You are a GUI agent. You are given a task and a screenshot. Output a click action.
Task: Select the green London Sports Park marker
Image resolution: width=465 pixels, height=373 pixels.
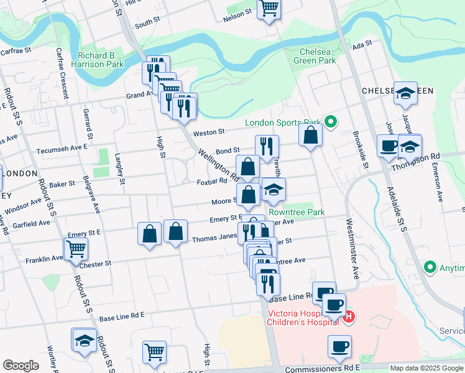coord(331,122)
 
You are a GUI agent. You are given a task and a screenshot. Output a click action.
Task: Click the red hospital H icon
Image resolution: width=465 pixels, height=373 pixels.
coord(349,316)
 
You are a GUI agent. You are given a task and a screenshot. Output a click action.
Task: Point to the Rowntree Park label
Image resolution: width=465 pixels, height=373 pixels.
coord(306,213)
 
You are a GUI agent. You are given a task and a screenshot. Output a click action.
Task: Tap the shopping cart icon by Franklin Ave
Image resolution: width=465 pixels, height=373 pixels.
coord(76,249)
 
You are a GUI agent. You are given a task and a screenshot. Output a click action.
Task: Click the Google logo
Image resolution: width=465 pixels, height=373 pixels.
coord(21,366)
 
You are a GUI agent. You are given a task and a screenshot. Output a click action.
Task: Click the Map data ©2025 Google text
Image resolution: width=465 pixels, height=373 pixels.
coord(427,368)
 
